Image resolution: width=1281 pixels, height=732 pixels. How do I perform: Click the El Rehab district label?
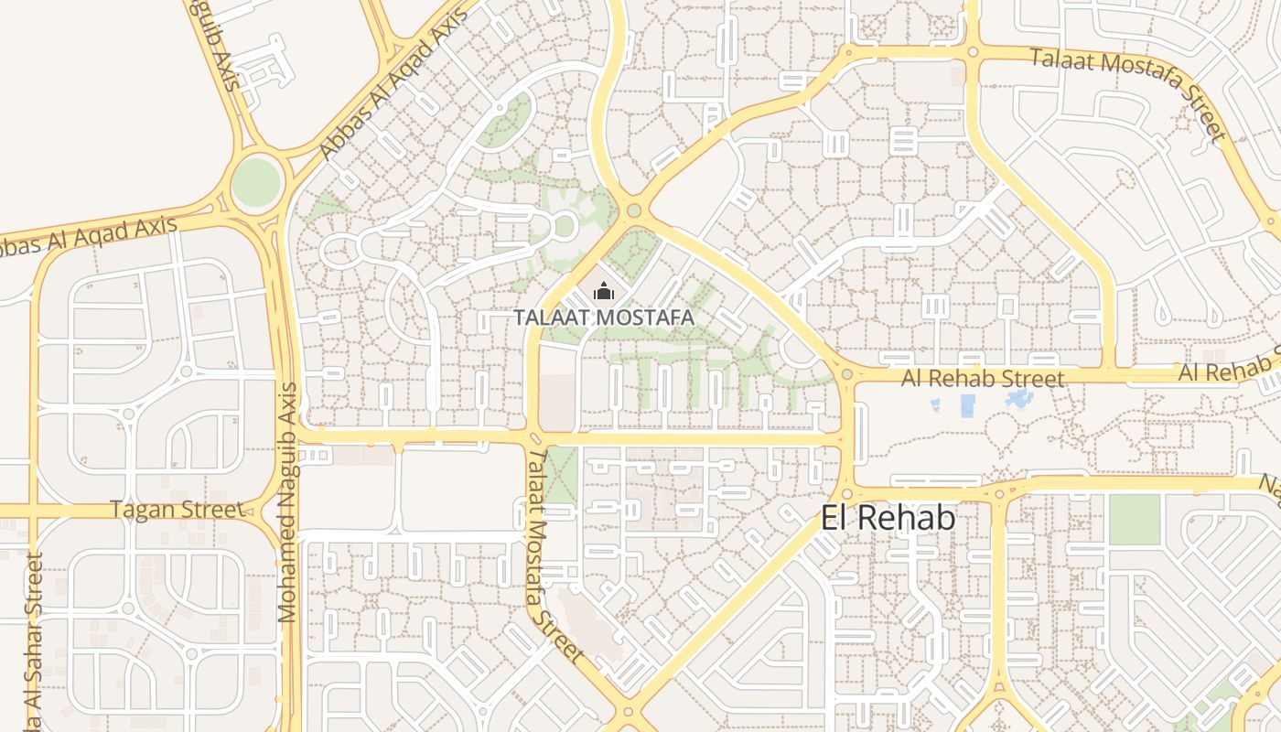point(888,518)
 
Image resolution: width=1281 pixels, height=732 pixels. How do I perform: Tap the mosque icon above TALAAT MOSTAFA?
point(603,292)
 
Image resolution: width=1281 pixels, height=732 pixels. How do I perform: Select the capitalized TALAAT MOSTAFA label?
point(603,318)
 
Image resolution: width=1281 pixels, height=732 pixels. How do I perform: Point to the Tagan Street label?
point(177,510)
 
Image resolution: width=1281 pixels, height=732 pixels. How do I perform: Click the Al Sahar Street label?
point(33,640)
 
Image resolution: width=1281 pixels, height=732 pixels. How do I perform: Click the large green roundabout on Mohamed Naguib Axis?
point(255,182)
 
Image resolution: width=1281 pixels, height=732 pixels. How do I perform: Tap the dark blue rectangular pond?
point(967,405)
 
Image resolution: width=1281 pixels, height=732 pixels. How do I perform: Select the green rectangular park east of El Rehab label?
point(1134,519)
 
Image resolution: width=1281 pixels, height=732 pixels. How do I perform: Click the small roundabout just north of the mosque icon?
point(633,211)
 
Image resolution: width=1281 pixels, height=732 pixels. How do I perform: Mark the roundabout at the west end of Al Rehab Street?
point(846,374)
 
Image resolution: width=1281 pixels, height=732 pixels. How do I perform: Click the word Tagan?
point(141,510)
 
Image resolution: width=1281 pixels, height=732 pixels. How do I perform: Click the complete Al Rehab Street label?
point(983,378)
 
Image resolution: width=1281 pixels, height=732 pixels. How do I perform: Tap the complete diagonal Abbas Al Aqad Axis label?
point(392,89)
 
